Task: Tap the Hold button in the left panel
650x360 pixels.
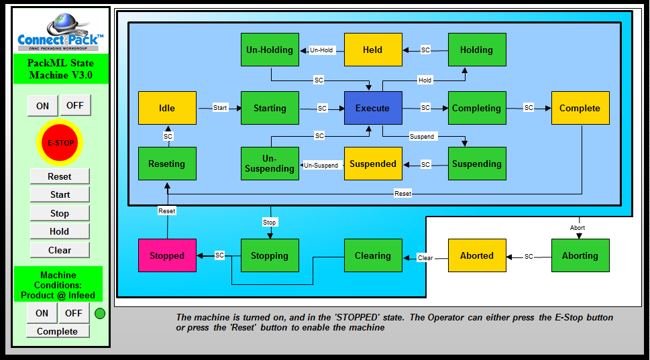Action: click(60, 231)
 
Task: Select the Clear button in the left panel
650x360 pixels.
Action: click(60, 250)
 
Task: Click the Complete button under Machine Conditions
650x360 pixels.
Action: click(57, 331)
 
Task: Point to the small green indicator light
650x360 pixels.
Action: click(100, 313)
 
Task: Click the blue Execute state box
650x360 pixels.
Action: click(373, 108)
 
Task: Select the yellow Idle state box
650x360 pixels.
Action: click(167, 108)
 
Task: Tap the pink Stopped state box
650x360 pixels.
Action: click(167, 255)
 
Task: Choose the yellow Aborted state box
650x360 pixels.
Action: click(477, 255)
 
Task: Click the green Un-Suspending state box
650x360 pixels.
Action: click(270, 164)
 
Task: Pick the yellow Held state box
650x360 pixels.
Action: click(373, 50)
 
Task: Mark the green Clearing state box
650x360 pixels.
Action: click(373, 255)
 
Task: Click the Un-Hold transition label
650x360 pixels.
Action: click(322, 50)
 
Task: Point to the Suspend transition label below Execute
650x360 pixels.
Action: click(422, 136)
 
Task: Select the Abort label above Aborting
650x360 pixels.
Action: click(578, 228)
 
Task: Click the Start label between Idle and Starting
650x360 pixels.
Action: click(220, 108)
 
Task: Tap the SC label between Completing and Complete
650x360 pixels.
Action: click(529, 108)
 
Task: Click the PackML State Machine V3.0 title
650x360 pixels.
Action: click(60, 69)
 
